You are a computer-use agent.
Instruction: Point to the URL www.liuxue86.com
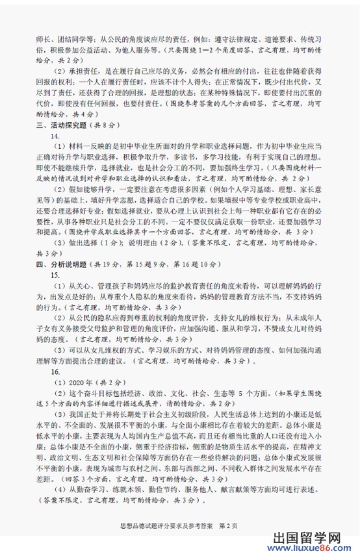[x=311, y=537]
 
